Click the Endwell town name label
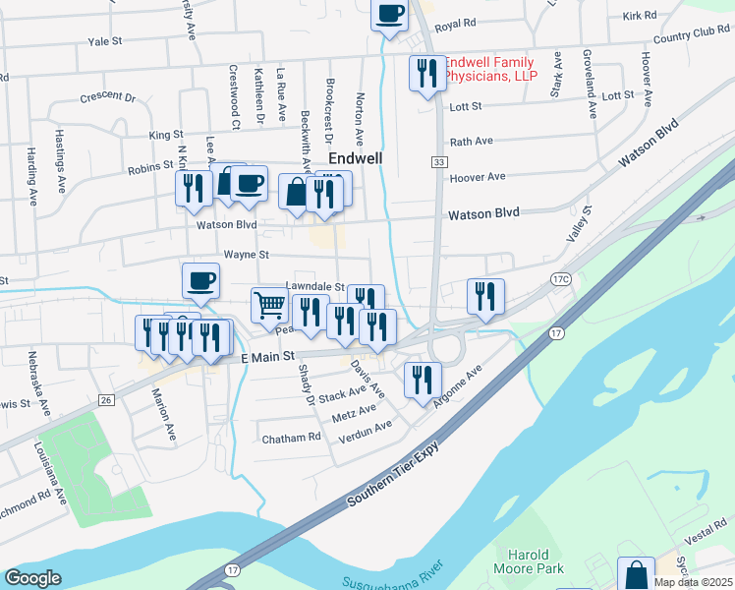[x=355, y=157]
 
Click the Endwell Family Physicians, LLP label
[x=492, y=69]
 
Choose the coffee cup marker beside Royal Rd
[x=389, y=15]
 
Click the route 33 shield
[x=435, y=161]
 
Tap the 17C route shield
[x=561, y=280]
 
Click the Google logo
[x=32, y=578]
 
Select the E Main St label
[x=268, y=358]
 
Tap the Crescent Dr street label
[x=107, y=97]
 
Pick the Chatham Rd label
[x=292, y=437]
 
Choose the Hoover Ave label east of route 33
[x=477, y=177]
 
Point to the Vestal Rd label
[x=706, y=536]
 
